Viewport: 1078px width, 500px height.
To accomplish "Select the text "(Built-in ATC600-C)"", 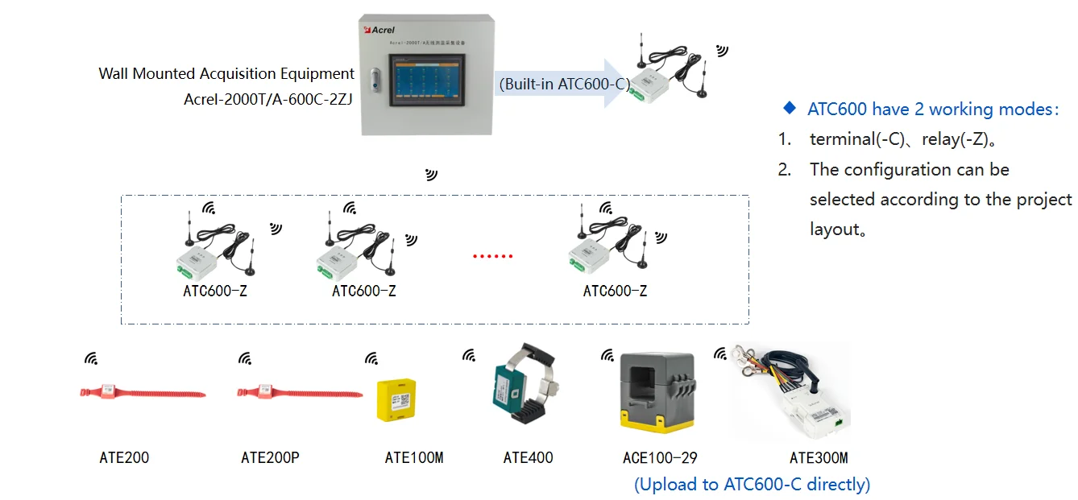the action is point(563,83).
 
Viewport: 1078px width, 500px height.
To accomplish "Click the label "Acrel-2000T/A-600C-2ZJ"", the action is point(268,100).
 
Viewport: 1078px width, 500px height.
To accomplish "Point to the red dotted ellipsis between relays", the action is point(492,257).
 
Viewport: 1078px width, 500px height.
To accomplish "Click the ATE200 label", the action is point(124,458).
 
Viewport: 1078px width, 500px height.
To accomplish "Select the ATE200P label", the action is point(270,458).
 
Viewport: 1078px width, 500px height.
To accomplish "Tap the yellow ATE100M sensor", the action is point(397,399).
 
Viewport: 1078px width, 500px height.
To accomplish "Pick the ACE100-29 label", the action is point(660,458).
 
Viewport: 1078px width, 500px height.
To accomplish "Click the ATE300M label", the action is point(819,458).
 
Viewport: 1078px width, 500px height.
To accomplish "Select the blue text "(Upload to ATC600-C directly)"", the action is point(753,484).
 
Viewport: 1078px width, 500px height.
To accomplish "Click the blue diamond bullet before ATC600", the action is point(790,108).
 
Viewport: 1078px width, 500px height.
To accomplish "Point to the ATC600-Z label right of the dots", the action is point(615,291).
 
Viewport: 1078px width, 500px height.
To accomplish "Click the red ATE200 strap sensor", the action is point(142,393).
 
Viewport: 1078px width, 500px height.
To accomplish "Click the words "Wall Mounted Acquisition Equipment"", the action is point(226,74).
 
